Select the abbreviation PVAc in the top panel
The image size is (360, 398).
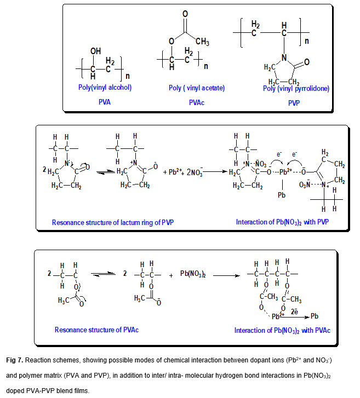(x=196, y=101)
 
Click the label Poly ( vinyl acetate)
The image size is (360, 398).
(x=197, y=88)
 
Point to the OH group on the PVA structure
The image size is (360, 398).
(x=96, y=51)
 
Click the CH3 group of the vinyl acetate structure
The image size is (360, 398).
(x=202, y=42)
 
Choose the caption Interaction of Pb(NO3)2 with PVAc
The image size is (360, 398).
(x=282, y=330)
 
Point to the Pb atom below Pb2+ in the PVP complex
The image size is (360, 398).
(x=280, y=194)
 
